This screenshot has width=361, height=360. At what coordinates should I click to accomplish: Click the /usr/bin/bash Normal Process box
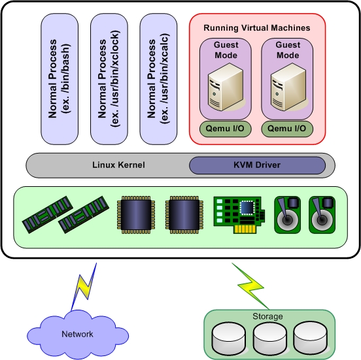point(60,80)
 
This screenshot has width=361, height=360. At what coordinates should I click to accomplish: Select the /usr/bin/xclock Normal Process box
point(109,80)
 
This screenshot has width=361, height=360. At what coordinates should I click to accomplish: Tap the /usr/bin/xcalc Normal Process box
point(158,80)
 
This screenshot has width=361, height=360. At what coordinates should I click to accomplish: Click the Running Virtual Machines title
point(257,28)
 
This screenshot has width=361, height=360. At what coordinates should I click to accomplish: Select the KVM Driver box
point(257,165)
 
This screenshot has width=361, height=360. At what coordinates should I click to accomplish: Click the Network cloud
point(78,333)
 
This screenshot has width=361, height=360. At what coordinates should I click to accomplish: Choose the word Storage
point(269,316)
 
